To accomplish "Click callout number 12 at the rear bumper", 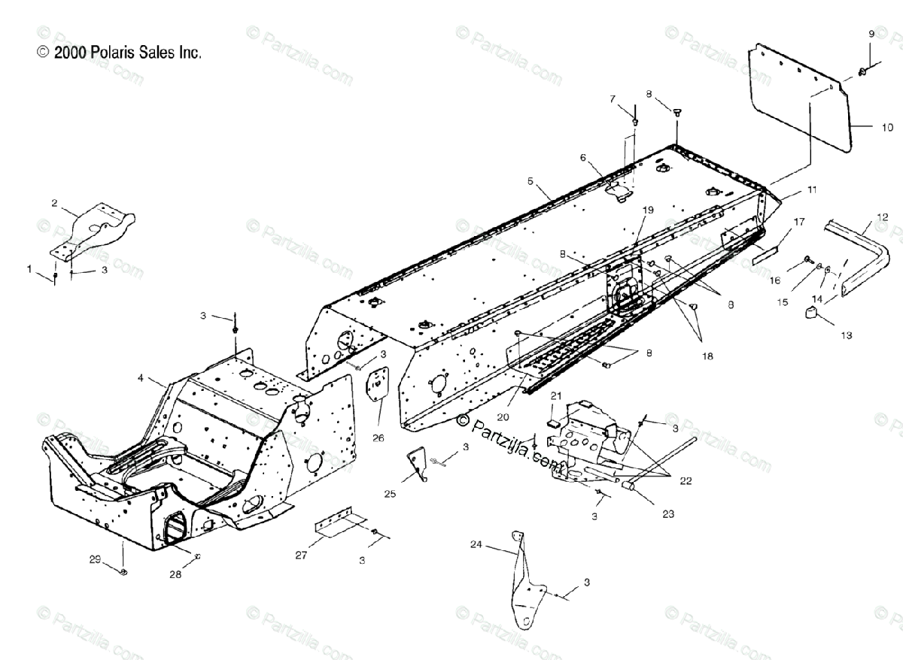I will (882, 217).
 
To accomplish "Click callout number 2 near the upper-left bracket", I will (54, 203).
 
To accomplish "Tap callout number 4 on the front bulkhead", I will (140, 379).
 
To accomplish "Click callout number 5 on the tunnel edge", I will (531, 181).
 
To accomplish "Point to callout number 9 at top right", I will (871, 34).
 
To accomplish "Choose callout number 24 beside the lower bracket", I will (476, 544).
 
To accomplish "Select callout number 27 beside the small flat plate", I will (300, 556).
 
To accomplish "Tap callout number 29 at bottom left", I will (95, 559).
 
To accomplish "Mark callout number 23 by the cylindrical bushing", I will (667, 514).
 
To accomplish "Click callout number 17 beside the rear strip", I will (798, 223).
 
